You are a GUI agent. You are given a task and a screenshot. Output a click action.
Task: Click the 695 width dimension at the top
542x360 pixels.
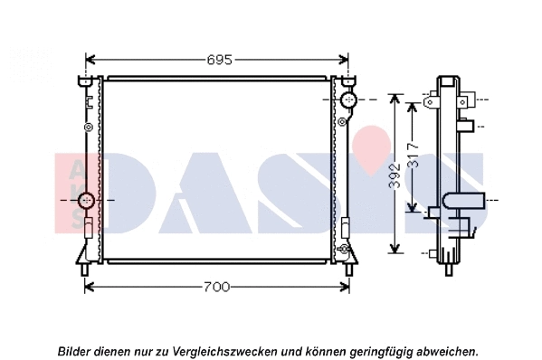tap(217, 60)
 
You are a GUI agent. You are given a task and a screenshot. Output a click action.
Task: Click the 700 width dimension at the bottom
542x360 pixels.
tap(216, 287)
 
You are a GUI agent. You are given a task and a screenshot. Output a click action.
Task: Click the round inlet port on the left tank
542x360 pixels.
tap(87, 199)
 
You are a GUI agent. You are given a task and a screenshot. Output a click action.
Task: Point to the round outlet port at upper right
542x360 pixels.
tap(349, 99)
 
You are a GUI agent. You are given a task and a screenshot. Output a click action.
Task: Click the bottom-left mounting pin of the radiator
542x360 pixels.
tap(84, 269)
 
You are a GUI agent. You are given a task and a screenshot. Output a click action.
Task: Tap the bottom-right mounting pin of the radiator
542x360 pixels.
tap(348, 269)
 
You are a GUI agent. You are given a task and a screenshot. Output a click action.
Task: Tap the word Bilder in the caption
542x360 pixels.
tap(76, 349)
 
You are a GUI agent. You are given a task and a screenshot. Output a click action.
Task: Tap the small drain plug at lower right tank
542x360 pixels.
tap(343, 248)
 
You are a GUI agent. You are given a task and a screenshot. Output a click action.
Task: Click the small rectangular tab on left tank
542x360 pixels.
tap(88, 227)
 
